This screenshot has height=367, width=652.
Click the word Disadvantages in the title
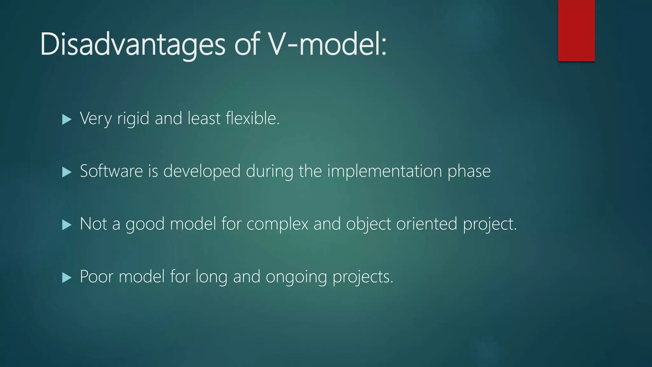pyautogui.click(x=132, y=45)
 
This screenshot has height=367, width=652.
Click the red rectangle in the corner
pyautogui.click(x=576, y=30)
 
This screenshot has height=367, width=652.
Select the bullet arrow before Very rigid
pyautogui.click(x=67, y=119)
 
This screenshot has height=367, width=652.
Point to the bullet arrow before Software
pyautogui.click(x=67, y=172)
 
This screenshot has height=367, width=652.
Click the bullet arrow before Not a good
pyautogui.click(x=67, y=225)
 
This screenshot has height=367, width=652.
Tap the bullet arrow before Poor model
pyautogui.click(x=67, y=277)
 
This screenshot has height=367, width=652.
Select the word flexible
pyautogui.click(x=252, y=119)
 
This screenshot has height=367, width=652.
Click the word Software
pyautogui.click(x=111, y=171)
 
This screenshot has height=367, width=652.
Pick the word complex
pyautogui.click(x=277, y=224)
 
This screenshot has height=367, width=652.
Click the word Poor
pyautogui.click(x=96, y=277)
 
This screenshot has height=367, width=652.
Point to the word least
pyautogui.click(x=204, y=119)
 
